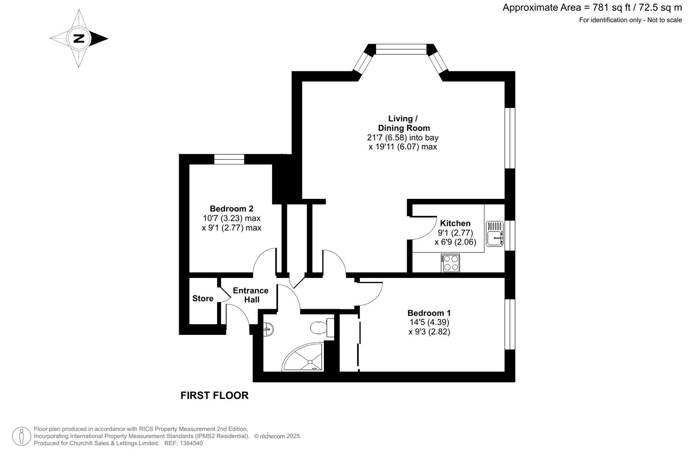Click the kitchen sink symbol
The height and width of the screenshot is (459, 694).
click(495, 234)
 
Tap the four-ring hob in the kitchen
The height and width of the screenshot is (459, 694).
click(450, 263)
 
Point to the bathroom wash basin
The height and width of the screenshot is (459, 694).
click(268, 329)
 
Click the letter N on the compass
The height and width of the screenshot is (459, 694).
click(79, 39)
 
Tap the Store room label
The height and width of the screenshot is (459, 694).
click(203, 298)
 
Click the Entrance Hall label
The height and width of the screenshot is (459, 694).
click(251, 295)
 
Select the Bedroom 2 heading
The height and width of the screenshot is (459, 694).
click(232, 209)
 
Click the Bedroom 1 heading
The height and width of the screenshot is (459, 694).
click(429, 313)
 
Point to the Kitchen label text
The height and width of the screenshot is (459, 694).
click(455, 223)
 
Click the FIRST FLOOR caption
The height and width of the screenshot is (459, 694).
click(214, 396)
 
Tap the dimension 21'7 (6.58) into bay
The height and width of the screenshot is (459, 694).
click(403, 137)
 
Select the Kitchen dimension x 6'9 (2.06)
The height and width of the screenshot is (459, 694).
click(455, 242)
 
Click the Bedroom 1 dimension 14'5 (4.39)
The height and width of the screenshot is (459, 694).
click(429, 322)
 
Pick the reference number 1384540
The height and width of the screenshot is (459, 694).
click(191, 444)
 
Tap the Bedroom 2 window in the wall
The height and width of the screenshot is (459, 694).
click(229, 159)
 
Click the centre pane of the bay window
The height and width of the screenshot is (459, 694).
click(401, 50)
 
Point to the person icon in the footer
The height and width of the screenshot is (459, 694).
click(21, 436)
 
